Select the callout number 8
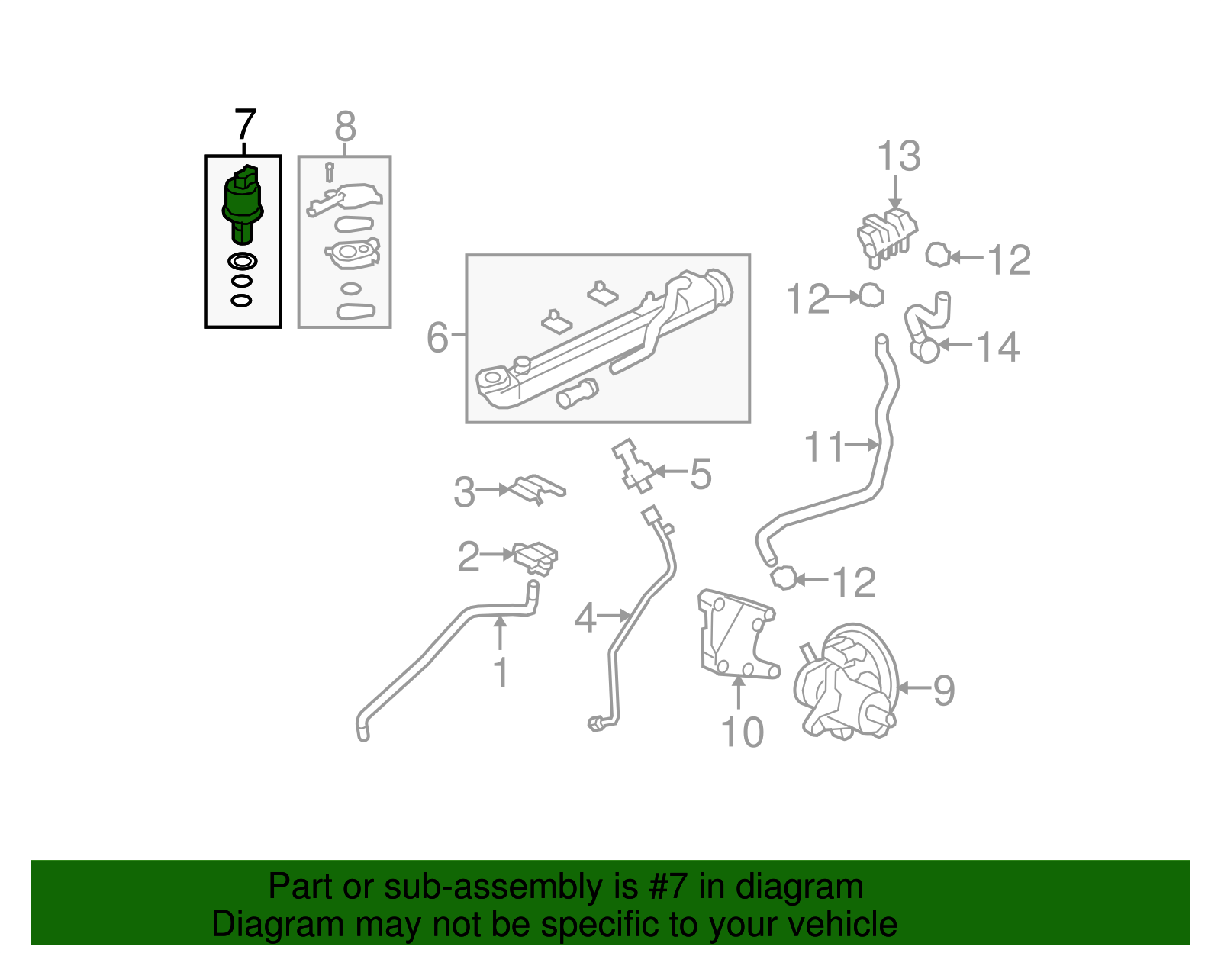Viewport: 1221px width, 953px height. (345, 127)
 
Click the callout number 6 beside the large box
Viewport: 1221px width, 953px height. (437, 336)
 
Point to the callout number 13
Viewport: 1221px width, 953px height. (898, 156)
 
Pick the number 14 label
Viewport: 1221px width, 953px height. (997, 347)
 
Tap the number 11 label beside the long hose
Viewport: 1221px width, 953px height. (824, 447)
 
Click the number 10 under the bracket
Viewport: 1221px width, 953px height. (742, 732)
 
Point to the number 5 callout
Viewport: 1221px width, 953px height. (701, 474)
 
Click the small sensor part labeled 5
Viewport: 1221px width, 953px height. (631, 466)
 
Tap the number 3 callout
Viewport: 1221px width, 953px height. (464, 492)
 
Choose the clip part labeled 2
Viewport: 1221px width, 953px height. (536, 558)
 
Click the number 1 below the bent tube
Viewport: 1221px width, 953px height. (500, 673)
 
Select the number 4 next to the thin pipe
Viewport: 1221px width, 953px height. (585, 618)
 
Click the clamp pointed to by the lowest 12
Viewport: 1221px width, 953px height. (783, 578)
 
